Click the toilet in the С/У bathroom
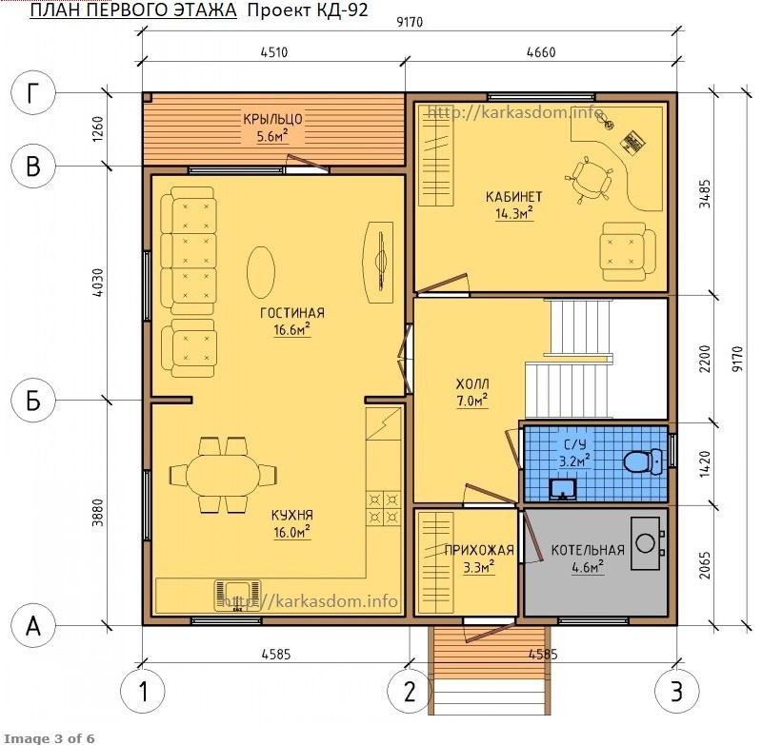click(642, 461)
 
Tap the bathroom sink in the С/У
click(563, 489)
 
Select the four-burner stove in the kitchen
click(384, 508)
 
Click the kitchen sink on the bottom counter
click(237, 596)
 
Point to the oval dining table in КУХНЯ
click(223, 475)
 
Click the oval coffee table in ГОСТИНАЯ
click(261, 271)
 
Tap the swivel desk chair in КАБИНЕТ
click(589, 179)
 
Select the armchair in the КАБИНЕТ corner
click(628, 251)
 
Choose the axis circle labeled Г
click(33, 92)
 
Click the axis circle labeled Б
click(33, 401)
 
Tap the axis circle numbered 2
click(410, 691)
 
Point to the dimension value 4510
click(274, 52)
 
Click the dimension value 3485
click(705, 194)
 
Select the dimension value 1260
click(98, 128)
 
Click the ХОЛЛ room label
click(472, 384)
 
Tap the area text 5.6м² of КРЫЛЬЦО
click(272, 136)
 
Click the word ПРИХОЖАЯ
click(479, 550)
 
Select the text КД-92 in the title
click(342, 10)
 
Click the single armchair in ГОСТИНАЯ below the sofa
click(189, 348)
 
